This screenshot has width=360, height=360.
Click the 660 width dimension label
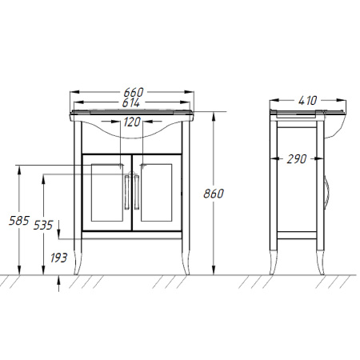pos(134,92)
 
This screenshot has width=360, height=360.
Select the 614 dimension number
pos(131,102)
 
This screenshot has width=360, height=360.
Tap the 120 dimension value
pos(132,122)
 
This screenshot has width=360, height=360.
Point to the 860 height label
pos(214,194)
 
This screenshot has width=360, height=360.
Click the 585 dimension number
pos(18,221)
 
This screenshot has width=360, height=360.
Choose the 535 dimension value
pos(43,226)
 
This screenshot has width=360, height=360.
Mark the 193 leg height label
pos(59,258)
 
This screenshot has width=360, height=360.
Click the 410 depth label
pos(308,101)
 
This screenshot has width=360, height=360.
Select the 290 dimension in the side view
pos(297,159)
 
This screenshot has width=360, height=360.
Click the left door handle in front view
pos(127,192)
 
